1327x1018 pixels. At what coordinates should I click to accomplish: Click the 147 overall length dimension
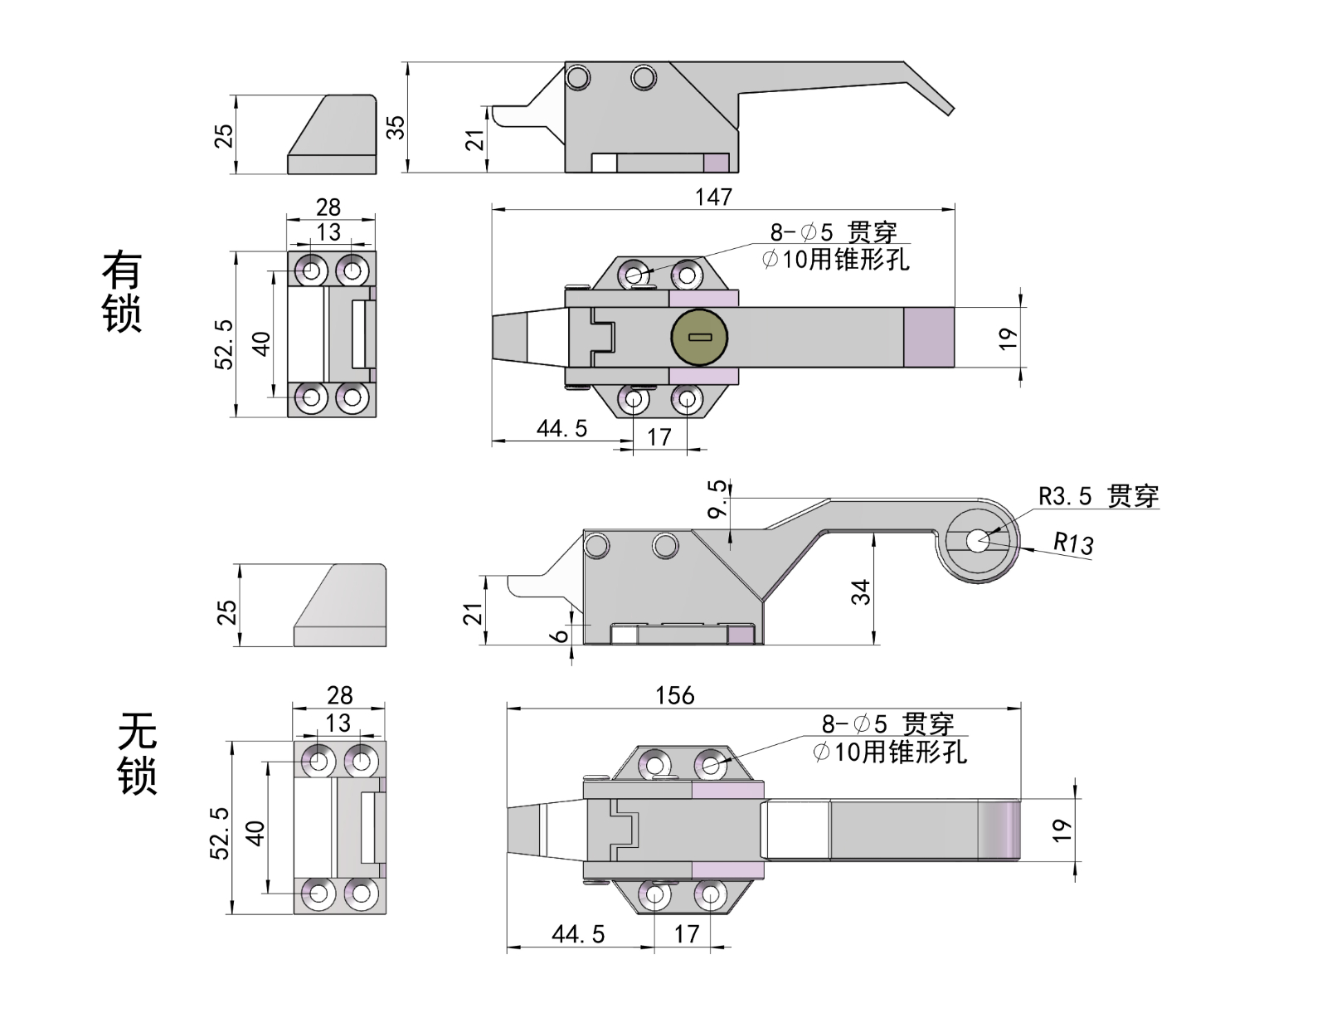(x=713, y=197)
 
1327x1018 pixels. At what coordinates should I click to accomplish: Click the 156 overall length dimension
(x=674, y=695)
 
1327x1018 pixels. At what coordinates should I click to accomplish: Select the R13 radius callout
(x=1073, y=543)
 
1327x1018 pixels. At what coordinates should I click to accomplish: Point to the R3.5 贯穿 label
(x=1098, y=496)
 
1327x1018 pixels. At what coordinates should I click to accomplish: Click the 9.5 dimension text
(x=717, y=498)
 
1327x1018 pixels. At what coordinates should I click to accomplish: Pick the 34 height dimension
(x=862, y=592)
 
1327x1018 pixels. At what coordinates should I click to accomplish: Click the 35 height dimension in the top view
(x=396, y=126)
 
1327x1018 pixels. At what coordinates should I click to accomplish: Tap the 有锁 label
(x=122, y=291)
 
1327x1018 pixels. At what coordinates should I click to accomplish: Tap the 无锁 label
(x=137, y=753)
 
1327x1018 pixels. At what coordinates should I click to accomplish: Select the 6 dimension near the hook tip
(x=561, y=636)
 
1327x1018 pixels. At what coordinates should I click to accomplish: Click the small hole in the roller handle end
(x=978, y=540)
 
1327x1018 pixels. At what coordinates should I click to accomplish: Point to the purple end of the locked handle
(x=929, y=337)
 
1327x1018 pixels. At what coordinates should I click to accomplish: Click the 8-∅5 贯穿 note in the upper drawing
(x=833, y=232)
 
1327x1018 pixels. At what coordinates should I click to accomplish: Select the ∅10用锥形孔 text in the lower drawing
(x=889, y=753)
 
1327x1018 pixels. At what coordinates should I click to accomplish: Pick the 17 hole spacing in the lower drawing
(x=686, y=934)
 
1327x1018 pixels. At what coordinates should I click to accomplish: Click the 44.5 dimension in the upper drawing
(x=561, y=429)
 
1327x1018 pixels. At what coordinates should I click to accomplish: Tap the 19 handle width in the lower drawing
(x=1061, y=830)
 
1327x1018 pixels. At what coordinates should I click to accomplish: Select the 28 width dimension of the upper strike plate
(x=328, y=207)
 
